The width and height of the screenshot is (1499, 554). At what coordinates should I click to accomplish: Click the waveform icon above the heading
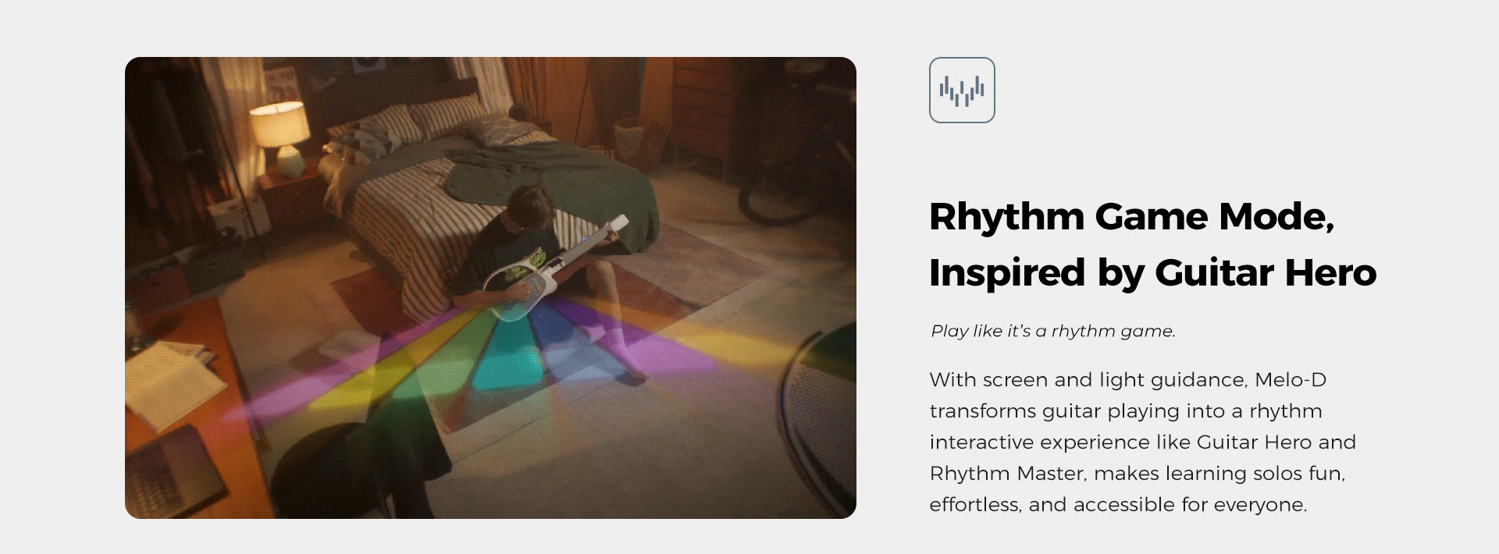(x=962, y=90)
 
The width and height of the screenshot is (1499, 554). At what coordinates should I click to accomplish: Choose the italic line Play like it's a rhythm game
(x=1053, y=331)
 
